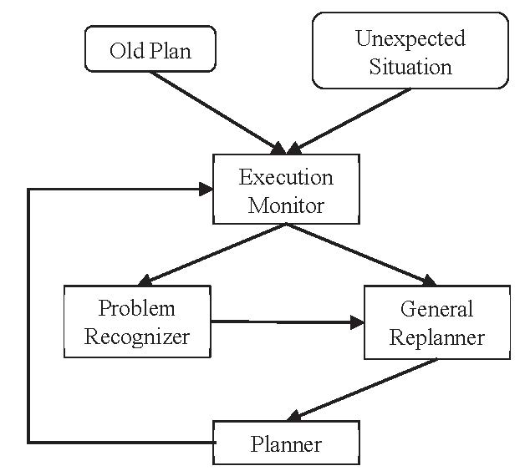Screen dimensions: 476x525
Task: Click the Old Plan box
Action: coord(150,50)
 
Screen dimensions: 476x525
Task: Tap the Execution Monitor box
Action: coord(286,190)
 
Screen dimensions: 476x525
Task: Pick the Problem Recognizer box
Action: coord(137,322)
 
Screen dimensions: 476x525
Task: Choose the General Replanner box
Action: coord(436,322)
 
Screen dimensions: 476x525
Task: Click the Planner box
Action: coord(286,443)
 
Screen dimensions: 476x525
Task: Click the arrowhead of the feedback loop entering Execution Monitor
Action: coord(204,190)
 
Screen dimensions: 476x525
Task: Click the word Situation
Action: coord(410,65)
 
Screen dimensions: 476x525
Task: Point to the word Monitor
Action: coord(286,204)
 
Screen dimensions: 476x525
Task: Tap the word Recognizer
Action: coord(137,337)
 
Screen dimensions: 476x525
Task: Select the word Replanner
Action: coord(436,337)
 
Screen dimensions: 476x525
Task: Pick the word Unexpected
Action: coord(410,38)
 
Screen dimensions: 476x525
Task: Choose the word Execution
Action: coord(286,176)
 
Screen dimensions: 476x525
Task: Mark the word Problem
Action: coord(137,308)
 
